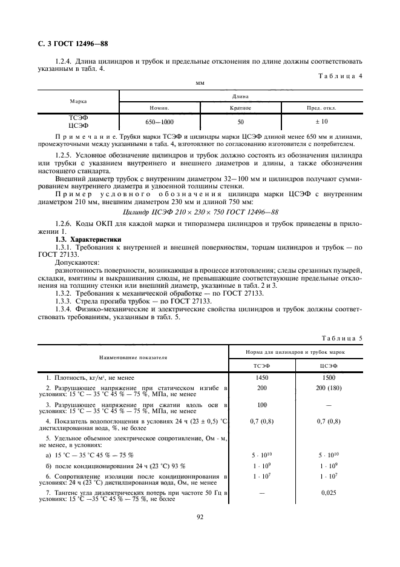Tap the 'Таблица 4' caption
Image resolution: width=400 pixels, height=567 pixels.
[339, 76]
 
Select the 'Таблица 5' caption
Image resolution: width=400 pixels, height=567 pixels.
[339, 339]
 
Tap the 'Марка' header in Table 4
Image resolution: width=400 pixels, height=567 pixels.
[78, 101]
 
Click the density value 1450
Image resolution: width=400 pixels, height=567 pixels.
[262, 377]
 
